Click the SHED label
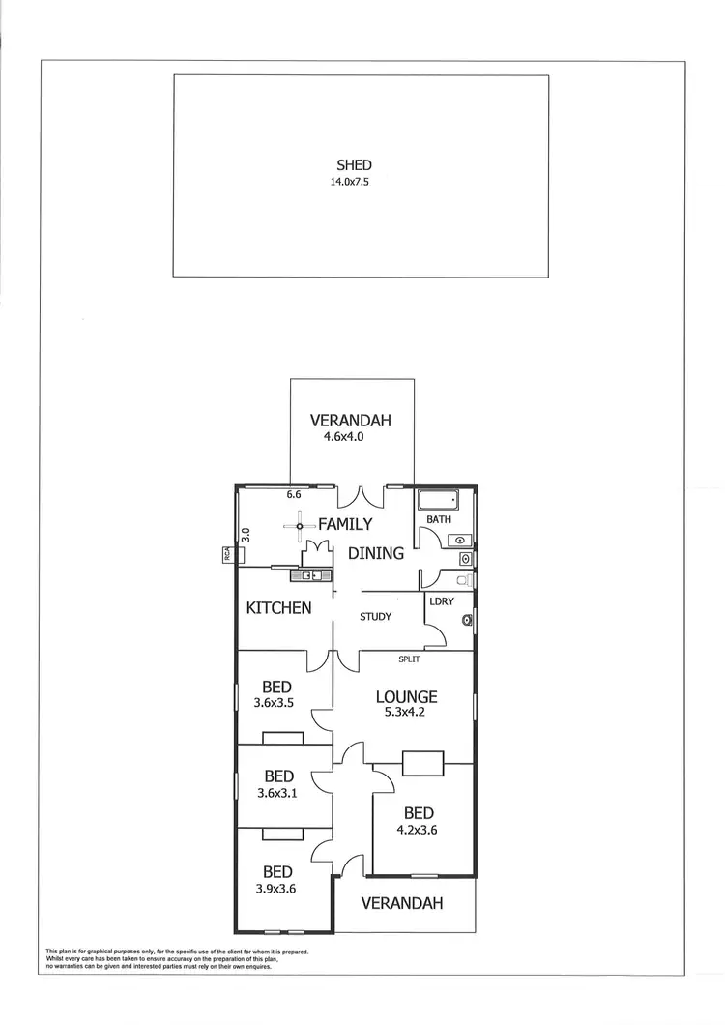tap(354, 165)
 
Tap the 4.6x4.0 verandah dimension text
tap(349, 437)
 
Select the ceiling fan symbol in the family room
tap(301, 526)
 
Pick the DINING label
tap(376, 554)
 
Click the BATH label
tap(440, 520)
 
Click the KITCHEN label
tap(278, 608)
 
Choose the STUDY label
tap(375, 617)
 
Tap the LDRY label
tap(442, 600)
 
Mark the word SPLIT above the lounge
tap(409, 659)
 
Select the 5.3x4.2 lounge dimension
tap(406, 713)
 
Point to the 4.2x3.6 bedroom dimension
tap(419, 830)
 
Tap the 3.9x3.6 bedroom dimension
tap(277, 890)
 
